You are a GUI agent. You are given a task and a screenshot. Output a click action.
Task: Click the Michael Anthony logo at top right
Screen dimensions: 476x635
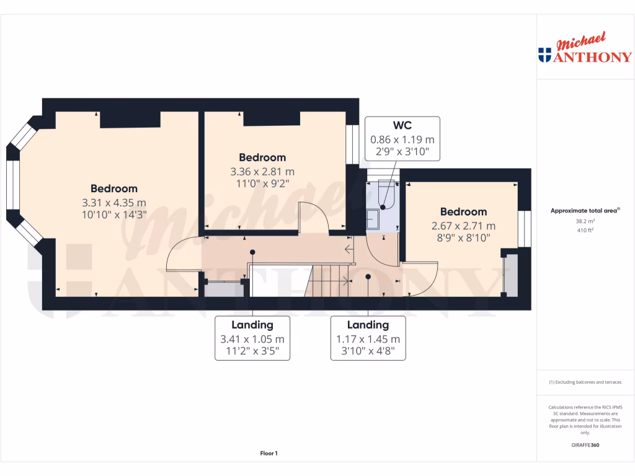pos(585,50)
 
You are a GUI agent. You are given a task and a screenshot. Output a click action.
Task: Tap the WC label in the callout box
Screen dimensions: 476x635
pos(402,126)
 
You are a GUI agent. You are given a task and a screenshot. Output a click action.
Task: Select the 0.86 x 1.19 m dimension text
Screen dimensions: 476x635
pos(402,139)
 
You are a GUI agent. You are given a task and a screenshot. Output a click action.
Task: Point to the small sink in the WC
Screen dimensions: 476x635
pos(374,219)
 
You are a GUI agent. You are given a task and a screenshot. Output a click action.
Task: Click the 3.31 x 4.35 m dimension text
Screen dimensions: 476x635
pos(114,202)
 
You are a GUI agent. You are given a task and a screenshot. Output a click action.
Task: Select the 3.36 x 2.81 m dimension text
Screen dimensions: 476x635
pos(262,171)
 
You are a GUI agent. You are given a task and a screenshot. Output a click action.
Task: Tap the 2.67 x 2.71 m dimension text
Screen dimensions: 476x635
pos(463,226)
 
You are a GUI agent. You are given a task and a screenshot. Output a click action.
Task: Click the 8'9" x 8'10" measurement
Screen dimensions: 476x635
pos(463,237)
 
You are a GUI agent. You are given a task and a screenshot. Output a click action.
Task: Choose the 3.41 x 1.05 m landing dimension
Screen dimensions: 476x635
pos(252,339)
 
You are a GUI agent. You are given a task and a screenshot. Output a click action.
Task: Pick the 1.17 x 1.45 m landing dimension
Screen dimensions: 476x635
pos(368,339)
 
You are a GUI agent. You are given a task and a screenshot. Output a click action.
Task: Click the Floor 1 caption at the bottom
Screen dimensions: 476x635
pos(269,454)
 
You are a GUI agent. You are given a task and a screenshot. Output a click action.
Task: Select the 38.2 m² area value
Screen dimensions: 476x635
pos(585,221)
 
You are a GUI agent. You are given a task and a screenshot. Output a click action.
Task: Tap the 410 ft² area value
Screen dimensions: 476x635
pos(585,230)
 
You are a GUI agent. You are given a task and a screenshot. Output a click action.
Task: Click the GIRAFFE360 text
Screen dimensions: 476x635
pos(585,445)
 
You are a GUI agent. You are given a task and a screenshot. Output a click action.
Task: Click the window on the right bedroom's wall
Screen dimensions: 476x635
pos(525,229)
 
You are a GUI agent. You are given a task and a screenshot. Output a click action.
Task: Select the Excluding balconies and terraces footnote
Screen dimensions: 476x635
pos(585,382)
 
